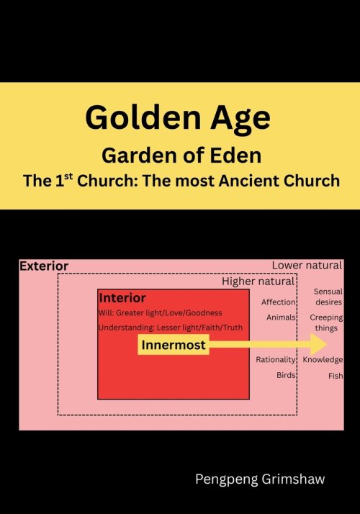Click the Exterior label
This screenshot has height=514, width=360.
pos(44,266)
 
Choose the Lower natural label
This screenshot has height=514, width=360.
pos(306,266)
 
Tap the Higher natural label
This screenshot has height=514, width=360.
pos(258,281)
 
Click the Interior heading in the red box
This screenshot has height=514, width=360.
pos(122,298)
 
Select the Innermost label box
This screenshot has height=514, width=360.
pos(174,346)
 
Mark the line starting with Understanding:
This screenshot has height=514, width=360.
pos(171,328)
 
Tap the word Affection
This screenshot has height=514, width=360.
pos(279,302)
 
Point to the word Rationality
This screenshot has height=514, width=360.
pos(276,360)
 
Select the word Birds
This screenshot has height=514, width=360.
pos(286,375)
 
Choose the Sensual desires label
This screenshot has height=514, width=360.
pos(328,297)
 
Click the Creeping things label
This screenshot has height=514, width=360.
pos(326,323)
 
